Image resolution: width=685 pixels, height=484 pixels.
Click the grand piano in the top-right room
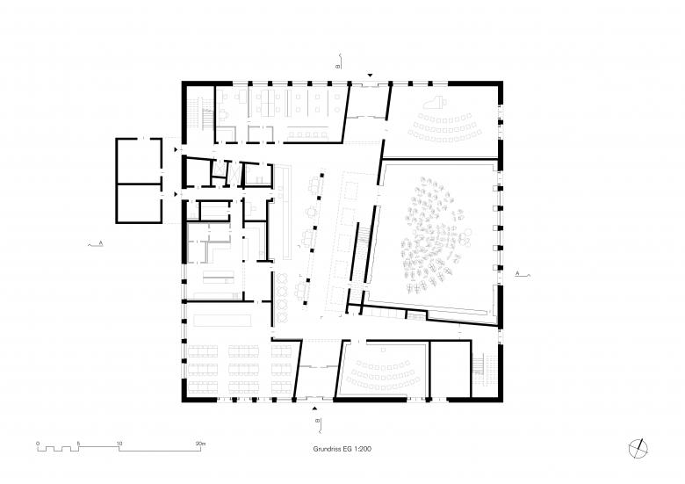(x=436, y=103)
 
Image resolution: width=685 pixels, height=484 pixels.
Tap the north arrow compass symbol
(x=638, y=448)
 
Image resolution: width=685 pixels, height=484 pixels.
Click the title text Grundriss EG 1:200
(x=342, y=449)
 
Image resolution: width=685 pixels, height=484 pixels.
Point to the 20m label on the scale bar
(x=200, y=444)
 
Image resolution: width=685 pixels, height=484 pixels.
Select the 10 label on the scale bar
(x=119, y=444)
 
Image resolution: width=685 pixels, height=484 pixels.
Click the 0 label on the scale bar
(x=38, y=444)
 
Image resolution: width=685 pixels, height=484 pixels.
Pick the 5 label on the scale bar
(x=79, y=444)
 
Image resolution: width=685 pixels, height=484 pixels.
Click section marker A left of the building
(x=96, y=243)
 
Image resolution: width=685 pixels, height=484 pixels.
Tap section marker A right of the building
(x=523, y=274)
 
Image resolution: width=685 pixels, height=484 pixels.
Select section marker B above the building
(x=339, y=62)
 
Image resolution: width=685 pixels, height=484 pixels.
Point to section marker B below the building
(x=319, y=424)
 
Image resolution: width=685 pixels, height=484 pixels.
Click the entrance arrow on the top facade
(x=370, y=76)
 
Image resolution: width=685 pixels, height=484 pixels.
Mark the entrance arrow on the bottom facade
(x=314, y=408)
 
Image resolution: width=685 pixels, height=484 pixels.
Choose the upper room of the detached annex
(x=139, y=161)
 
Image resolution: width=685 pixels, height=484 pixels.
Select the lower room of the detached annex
(x=139, y=204)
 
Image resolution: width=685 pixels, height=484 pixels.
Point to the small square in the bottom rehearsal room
(x=383, y=350)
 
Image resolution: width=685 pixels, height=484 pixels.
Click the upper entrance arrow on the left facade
(x=176, y=150)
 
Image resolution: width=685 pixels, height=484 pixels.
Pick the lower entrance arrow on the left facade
(x=176, y=193)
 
